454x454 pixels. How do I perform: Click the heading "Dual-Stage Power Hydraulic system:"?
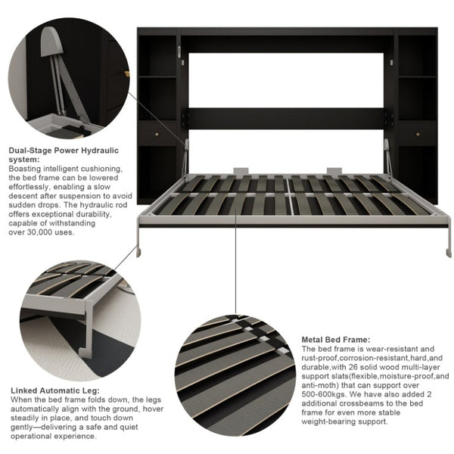point(64,155)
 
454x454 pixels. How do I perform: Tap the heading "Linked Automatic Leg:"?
point(55,390)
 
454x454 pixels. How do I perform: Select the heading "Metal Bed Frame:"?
point(336,340)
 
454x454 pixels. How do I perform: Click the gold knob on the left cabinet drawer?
point(157,135)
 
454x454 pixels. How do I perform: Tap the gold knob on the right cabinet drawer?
point(418,135)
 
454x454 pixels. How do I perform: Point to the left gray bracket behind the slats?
point(241,171)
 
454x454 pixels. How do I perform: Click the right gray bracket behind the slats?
point(334,171)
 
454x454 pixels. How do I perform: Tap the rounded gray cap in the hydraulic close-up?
point(51,42)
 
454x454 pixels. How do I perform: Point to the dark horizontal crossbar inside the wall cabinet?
point(286,119)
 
